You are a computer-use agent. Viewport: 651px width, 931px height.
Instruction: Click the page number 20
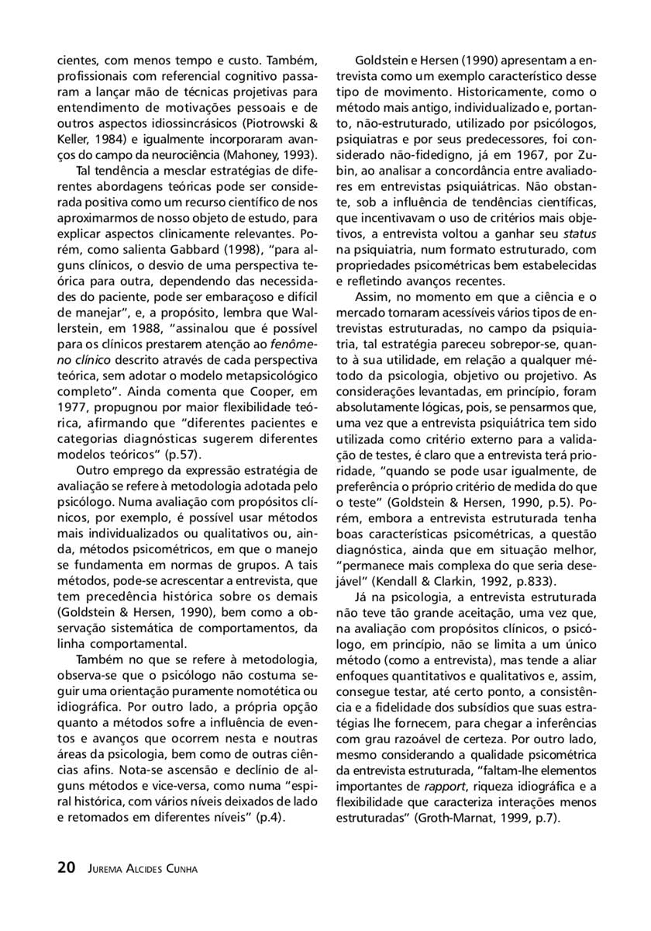[66, 868]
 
